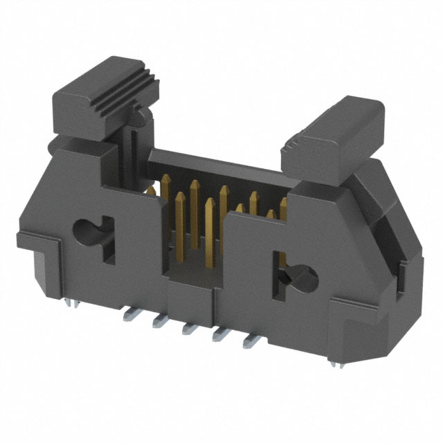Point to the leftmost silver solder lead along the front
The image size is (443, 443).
click(x=129, y=316)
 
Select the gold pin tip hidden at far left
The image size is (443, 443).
click(x=150, y=190)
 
